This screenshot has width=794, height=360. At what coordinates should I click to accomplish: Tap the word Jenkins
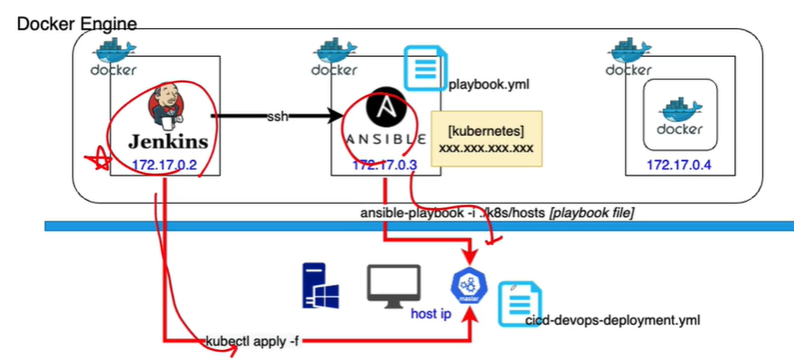[167, 141]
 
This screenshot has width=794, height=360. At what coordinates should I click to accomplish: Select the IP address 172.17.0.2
[165, 165]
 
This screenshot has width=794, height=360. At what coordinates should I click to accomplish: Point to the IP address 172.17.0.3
[384, 165]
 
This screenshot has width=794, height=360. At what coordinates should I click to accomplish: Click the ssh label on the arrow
[277, 118]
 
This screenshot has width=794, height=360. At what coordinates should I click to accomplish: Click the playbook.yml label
[488, 85]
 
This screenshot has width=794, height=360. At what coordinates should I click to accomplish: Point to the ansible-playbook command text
[497, 211]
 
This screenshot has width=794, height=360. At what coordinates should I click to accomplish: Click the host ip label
[430, 314]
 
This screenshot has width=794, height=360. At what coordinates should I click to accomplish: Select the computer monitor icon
[393, 283]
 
